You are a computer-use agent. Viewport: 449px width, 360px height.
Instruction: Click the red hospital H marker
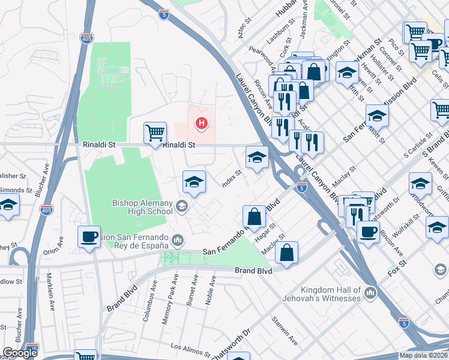[x=202, y=124]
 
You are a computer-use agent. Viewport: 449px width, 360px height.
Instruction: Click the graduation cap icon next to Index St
[x=257, y=158]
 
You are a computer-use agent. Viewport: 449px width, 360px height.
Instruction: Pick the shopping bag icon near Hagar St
[x=254, y=216]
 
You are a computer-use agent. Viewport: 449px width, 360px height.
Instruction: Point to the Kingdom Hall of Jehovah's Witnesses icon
[x=370, y=293]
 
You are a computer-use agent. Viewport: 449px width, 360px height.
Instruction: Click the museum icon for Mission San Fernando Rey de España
[x=178, y=241]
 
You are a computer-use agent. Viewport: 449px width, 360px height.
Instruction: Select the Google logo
[x=20, y=353]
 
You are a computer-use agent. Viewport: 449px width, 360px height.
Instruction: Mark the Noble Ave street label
[x=210, y=290]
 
